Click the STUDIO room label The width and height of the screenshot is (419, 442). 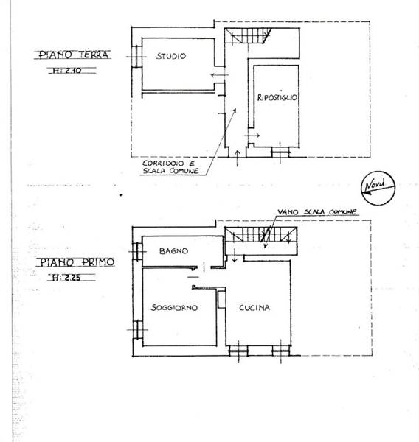coord(171,56)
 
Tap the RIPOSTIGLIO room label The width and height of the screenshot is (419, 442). coord(277,97)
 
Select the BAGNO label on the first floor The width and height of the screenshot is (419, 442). coord(173,251)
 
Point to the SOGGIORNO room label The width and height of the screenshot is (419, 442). coord(174,307)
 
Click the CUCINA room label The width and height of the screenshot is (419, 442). coord(254,307)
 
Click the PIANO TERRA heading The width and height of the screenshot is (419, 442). coord(73,55)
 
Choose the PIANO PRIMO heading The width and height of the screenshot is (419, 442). coord(76,262)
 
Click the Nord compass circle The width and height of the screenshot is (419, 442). coord(378,188)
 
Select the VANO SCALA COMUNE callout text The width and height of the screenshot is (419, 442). coord(316,212)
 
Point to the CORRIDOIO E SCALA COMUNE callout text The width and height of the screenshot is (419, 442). coord(170,167)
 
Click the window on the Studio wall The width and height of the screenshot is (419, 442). coord(136,57)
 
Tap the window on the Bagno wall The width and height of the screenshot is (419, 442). coord(137,251)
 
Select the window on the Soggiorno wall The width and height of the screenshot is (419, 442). coord(138,330)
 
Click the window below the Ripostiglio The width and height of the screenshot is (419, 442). coord(280,152)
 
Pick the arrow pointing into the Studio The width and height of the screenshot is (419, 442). coord(220,75)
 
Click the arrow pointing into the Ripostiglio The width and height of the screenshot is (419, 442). coord(252,136)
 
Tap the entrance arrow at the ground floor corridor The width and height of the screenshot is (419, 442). coord(238,158)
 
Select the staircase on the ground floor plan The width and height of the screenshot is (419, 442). coord(248,35)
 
